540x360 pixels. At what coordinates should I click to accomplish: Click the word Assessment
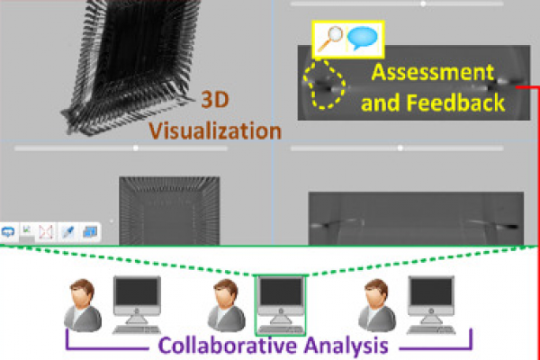coord(434,73)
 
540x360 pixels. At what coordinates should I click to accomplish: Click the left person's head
coord(82,292)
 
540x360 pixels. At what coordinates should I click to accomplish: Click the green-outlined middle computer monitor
coord(281,295)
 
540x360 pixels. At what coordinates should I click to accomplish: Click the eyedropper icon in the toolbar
coord(67,232)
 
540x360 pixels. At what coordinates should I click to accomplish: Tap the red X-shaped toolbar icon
coord(47,232)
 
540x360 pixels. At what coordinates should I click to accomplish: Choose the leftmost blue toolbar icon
coord(9,232)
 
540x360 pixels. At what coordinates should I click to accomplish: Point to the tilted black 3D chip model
coord(135,67)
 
